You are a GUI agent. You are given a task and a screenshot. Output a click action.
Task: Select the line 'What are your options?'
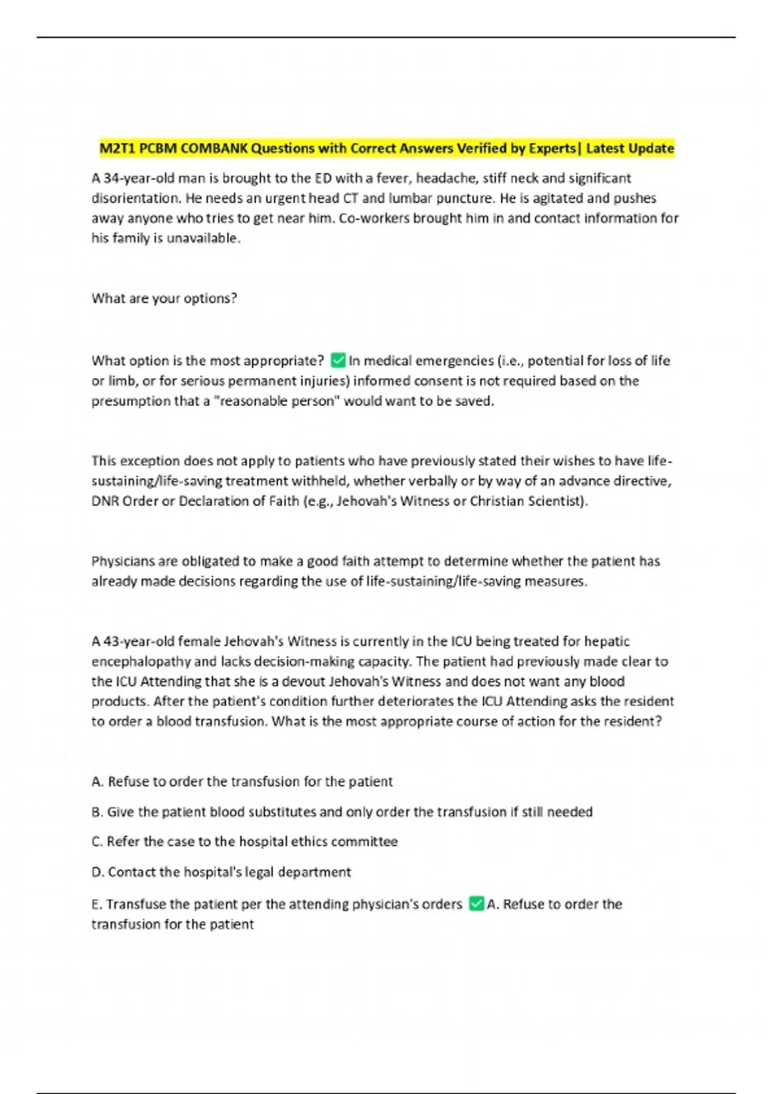(164, 299)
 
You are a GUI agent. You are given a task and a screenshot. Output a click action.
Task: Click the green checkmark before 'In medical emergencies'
(338, 360)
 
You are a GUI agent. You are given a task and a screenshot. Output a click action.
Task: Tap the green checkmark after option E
(476, 904)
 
